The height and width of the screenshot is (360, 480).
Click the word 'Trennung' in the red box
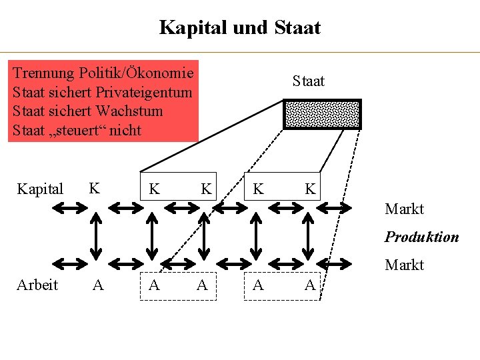pos(44,72)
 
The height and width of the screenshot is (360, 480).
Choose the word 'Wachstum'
pos(129,111)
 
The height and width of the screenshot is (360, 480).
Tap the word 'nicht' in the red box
pos(125,130)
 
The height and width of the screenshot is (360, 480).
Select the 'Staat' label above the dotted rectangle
pos(308,81)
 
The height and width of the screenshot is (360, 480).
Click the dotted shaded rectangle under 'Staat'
pos(322,114)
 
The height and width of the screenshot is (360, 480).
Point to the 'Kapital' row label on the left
pos(39,189)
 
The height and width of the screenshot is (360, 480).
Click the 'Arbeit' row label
pos(37,285)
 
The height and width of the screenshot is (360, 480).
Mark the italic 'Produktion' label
pos(421,237)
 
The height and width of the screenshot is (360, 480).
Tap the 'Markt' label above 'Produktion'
pos(404,209)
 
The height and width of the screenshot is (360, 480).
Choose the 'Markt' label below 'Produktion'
pos(404,265)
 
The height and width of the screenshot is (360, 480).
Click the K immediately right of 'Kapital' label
pos(95,188)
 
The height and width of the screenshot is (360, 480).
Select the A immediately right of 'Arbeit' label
pos(98,285)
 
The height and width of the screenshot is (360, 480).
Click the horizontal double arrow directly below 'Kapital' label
pos(67,209)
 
